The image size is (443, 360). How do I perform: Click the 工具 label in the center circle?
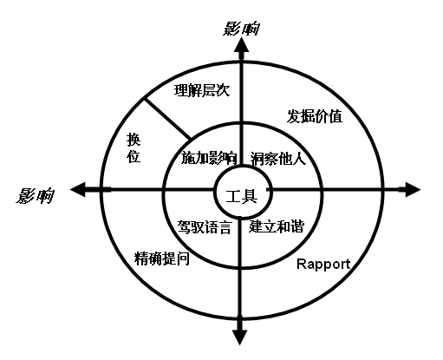tap(242, 197)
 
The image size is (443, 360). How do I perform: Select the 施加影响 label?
tap(209, 158)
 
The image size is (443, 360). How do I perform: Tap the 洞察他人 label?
tap(278, 159)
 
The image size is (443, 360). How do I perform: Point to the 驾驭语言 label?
tap(205, 226)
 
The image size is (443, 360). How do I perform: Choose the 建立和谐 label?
tap(277, 226)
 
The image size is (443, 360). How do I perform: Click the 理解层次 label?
tap(202, 90)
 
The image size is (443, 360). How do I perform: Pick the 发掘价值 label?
tap(315, 116)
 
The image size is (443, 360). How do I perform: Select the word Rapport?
tap(323, 265)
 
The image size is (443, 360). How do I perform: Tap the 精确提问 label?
tap(162, 259)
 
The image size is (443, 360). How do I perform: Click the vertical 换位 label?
tap(134, 147)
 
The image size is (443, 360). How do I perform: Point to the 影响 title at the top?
tap(241, 29)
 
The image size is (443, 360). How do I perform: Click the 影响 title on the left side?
tap(35, 196)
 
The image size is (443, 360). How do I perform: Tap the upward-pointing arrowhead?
tap(242, 46)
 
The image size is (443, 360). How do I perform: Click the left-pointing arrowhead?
tap(78, 190)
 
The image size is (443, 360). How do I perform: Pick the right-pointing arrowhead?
tap(413, 190)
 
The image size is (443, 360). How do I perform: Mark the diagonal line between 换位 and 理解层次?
tap(167, 119)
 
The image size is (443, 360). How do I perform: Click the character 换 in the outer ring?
tap(134, 140)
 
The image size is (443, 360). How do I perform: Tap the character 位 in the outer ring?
tap(134, 156)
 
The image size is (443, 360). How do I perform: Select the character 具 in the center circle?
tap(250, 197)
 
